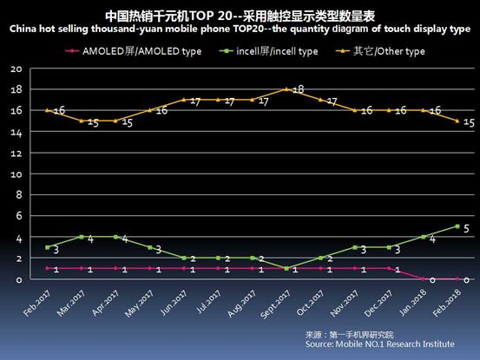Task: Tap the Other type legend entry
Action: pos(391,52)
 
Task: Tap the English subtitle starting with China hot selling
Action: pos(240,30)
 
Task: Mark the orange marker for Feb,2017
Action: pos(47,110)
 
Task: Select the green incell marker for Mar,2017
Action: pos(82,237)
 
